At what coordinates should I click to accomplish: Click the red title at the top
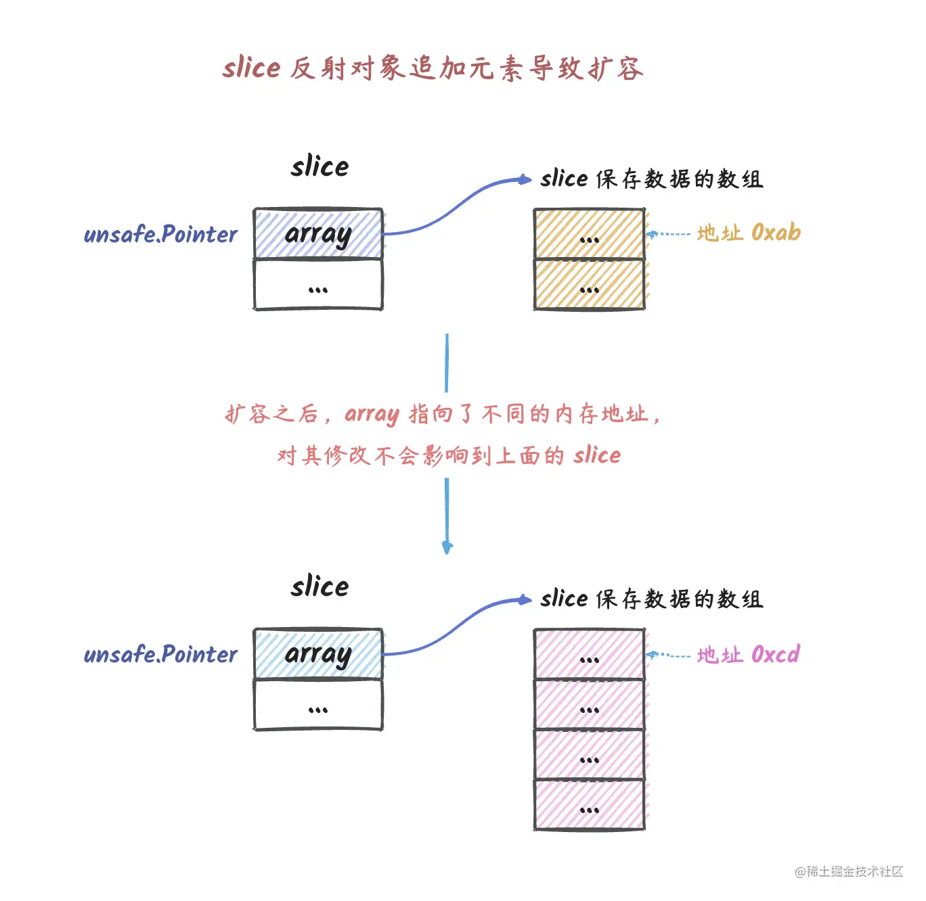coord(433,68)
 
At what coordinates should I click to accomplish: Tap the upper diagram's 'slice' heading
coord(319,166)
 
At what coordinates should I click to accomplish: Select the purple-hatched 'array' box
coord(318,233)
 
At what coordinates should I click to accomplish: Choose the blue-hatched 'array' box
coord(318,653)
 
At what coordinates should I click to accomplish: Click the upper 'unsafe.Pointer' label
coord(160,235)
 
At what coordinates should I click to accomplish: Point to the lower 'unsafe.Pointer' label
coord(160,655)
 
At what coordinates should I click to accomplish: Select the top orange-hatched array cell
coord(589,234)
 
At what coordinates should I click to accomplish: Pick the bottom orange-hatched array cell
coord(589,285)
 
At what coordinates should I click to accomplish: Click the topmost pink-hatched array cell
coord(589,654)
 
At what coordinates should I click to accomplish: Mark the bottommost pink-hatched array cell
coord(589,805)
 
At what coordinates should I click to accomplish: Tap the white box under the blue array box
coord(318,706)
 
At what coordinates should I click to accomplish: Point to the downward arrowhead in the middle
coord(447,547)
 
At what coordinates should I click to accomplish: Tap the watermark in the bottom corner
coord(849,871)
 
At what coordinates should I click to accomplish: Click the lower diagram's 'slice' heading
coord(319,586)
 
